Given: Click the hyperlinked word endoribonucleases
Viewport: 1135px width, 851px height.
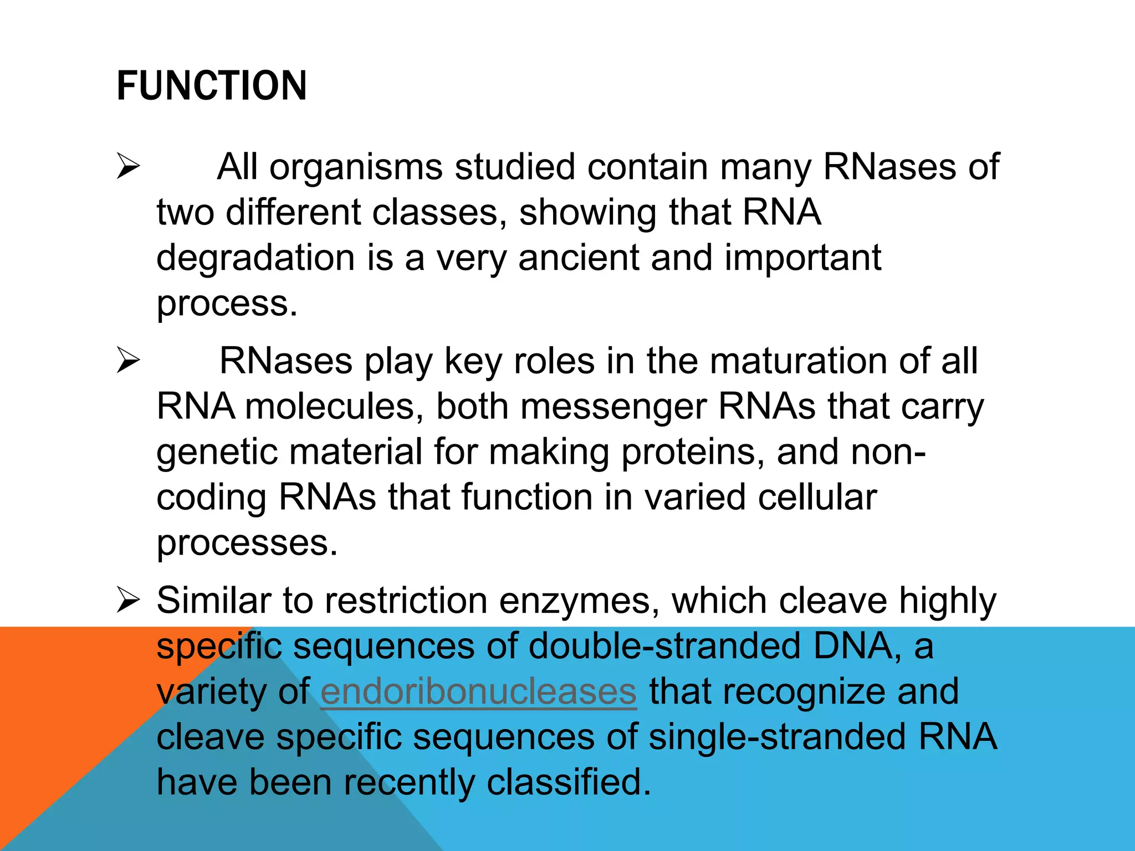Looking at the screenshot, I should click(x=478, y=691).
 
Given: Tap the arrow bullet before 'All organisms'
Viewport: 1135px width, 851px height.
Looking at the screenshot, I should click(x=128, y=167).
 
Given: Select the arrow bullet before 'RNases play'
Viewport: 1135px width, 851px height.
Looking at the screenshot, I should click(x=128, y=361).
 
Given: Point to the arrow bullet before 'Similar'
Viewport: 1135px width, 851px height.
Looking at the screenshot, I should click(x=128, y=601).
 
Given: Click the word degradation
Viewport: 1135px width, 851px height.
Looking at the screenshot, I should click(x=255, y=258).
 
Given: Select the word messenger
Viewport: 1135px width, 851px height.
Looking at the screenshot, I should click(x=613, y=407).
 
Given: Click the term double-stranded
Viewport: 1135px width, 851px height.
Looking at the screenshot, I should click(x=664, y=646).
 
